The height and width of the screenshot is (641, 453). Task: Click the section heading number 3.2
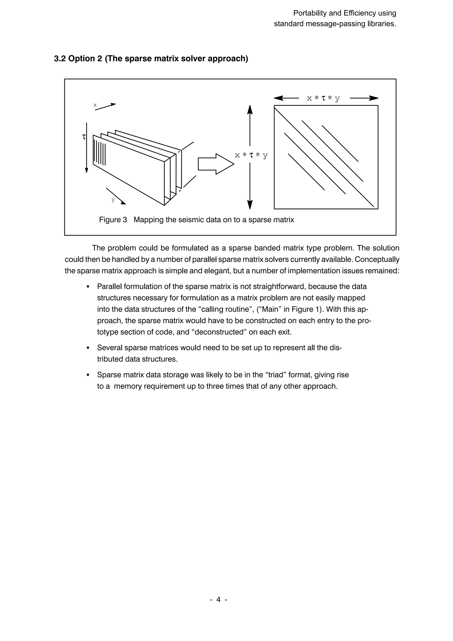point(60,59)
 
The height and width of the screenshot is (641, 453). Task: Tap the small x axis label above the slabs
point(95,105)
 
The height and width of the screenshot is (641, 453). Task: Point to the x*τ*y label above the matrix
point(323,98)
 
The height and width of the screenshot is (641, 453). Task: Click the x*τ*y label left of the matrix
point(251,155)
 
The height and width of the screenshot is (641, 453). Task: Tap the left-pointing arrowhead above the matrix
point(278,98)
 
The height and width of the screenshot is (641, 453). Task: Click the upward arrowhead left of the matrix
point(250,110)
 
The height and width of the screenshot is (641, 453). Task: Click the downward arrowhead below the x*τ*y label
point(250,205)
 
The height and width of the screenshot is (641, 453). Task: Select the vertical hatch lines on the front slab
point(100,153)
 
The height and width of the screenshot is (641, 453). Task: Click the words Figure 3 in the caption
point(113,220)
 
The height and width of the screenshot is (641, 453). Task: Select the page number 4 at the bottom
point(219,599)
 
